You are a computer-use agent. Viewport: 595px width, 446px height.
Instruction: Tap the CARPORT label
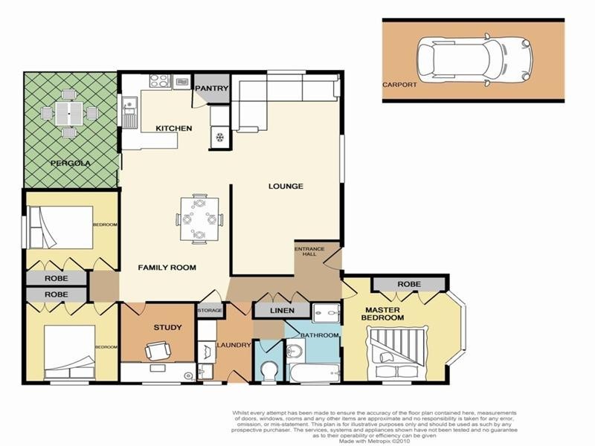[400, 85]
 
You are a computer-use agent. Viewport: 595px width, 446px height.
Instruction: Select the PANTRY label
[211, 88]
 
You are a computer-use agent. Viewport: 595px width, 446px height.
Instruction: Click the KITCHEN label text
[173, 129]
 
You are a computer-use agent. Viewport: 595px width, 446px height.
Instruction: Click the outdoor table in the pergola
[68, 114]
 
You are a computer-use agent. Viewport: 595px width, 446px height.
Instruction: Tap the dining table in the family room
[199, 219]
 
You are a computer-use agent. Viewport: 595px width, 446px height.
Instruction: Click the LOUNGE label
[286, 186]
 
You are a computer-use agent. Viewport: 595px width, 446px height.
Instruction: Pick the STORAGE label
[210, 310]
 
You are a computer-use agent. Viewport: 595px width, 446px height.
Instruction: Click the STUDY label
[167, 326]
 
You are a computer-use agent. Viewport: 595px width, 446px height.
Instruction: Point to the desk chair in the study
[158, 350]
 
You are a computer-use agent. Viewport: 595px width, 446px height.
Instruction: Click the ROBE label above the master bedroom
[409, 284]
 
